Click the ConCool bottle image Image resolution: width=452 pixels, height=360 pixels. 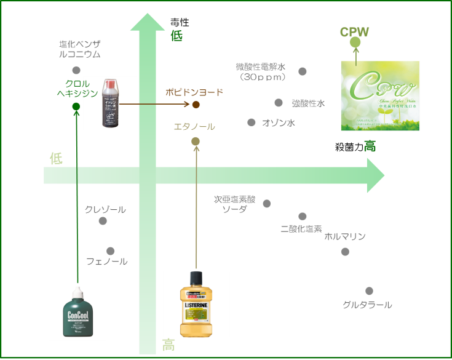[77, 311]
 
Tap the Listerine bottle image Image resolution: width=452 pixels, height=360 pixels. [196, 304]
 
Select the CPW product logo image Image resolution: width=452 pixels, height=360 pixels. [380, 95]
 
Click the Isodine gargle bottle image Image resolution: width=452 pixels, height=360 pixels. [111, 103]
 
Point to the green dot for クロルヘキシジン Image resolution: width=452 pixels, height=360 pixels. [76, 106]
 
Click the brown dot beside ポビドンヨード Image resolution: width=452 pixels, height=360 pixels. [196, 105]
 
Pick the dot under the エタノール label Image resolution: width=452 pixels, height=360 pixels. [196, 142]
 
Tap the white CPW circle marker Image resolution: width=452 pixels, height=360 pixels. [355, 42]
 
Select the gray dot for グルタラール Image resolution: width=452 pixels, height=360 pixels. [369, 291]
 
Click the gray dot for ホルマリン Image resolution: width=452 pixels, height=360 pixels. [345, 252]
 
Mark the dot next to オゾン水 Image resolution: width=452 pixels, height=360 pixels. [252, 122]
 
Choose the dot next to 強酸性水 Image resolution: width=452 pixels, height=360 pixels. [279, 103]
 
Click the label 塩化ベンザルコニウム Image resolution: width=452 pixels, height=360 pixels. [79, 49]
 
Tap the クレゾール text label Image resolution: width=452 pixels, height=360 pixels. [105, 209]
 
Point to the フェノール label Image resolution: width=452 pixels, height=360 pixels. [107, 262]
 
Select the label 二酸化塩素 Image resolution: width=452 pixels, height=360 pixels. [301, 228]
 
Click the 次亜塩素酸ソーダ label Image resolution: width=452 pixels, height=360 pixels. [234, 204]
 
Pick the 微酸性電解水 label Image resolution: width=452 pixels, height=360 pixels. [261, 72]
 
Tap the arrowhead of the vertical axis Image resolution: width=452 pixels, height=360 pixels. [148, 22]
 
